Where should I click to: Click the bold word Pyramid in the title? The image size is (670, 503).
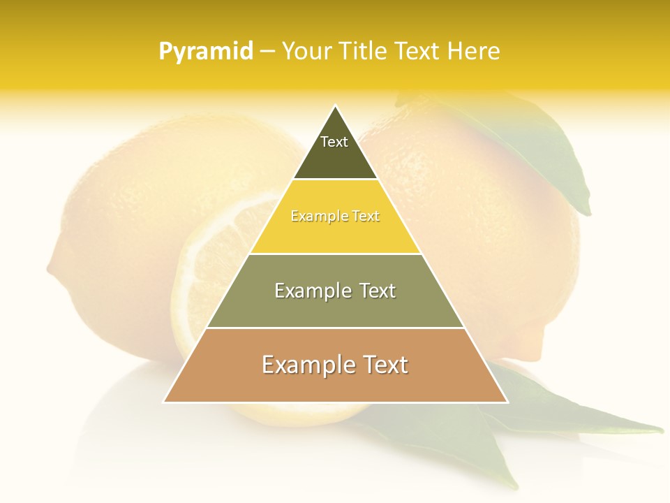205,52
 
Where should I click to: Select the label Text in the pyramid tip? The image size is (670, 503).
334,142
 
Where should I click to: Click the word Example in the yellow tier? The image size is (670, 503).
314,217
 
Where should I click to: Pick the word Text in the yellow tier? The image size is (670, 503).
366,217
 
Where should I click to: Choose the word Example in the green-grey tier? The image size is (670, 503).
309,291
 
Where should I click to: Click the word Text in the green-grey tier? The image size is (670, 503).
377,291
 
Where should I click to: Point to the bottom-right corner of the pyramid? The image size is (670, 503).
507,402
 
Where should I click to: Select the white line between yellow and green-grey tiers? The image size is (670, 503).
335,254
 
